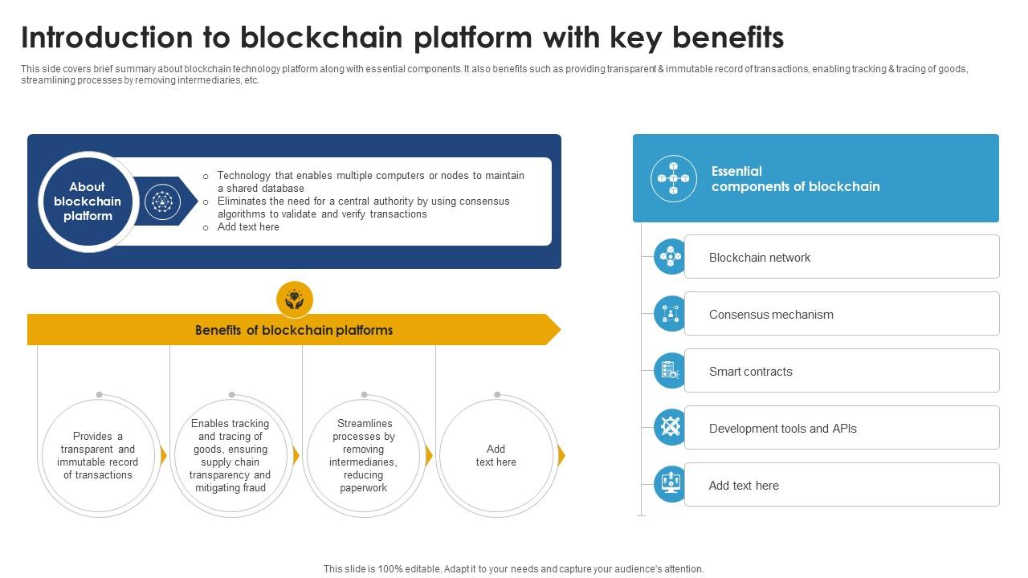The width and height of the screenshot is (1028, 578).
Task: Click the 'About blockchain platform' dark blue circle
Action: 87,201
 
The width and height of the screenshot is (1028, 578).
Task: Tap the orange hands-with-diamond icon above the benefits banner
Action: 295,299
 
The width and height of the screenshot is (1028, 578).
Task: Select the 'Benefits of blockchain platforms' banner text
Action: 294,330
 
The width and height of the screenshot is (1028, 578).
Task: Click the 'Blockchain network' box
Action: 841,257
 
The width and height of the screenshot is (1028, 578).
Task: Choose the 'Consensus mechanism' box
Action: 841,314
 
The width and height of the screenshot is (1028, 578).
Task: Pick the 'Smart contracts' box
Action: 841,371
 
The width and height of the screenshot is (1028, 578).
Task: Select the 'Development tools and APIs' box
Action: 841,428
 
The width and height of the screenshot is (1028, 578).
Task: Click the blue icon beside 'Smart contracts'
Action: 671,371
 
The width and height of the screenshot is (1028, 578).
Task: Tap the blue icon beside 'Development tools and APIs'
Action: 671,428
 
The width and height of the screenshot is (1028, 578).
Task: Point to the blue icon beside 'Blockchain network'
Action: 671,257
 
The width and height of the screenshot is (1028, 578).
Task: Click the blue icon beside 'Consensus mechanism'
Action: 671,314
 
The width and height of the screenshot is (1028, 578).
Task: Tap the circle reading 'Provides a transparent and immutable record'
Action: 98,455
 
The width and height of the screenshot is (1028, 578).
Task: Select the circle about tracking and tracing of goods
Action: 230,455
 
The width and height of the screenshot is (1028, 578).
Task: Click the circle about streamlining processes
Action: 364,455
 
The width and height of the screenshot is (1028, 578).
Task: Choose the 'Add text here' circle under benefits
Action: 496,455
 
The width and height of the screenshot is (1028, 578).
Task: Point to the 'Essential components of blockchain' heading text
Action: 795,179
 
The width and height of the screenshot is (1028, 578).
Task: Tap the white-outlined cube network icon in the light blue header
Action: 674,178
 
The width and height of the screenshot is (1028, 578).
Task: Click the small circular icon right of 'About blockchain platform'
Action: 163,201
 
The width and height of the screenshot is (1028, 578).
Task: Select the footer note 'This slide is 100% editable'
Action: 513,568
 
